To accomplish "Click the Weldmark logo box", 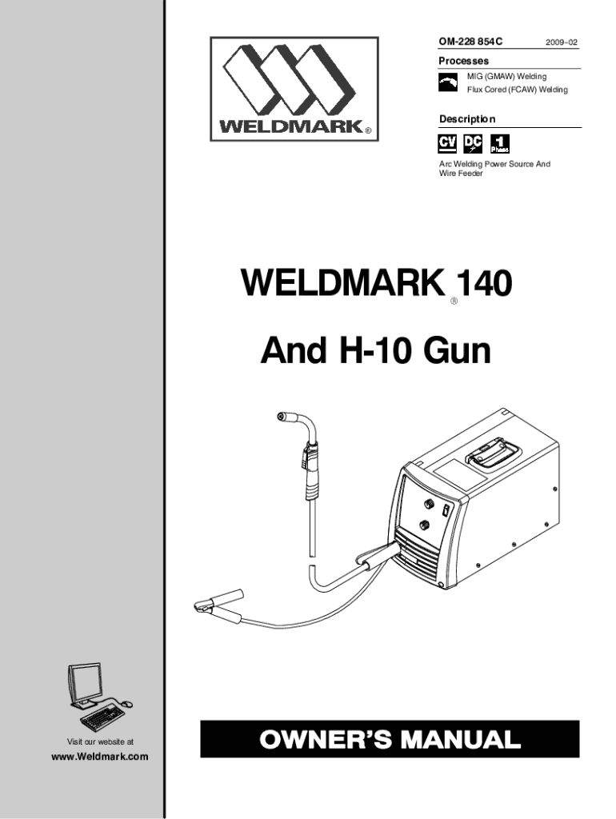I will tap(294, 88).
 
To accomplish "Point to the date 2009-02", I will tap(559, 40).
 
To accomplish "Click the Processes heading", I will tap(463, 62).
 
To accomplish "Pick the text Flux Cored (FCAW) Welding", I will tap(517, 90).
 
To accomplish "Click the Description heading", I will tap(467, 119).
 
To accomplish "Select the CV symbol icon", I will tap(448, 144).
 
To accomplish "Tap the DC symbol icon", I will tap(474, 144).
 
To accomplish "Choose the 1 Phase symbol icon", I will tap(499, 144).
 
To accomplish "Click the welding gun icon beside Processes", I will tap(449, 82).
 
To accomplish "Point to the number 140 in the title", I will tap(483, 284).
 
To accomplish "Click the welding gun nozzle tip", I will tap(282, 416).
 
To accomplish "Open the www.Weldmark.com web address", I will tap(100, 757).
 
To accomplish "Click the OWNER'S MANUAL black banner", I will tap(390, 739).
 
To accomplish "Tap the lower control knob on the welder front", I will tap(423, 525).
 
